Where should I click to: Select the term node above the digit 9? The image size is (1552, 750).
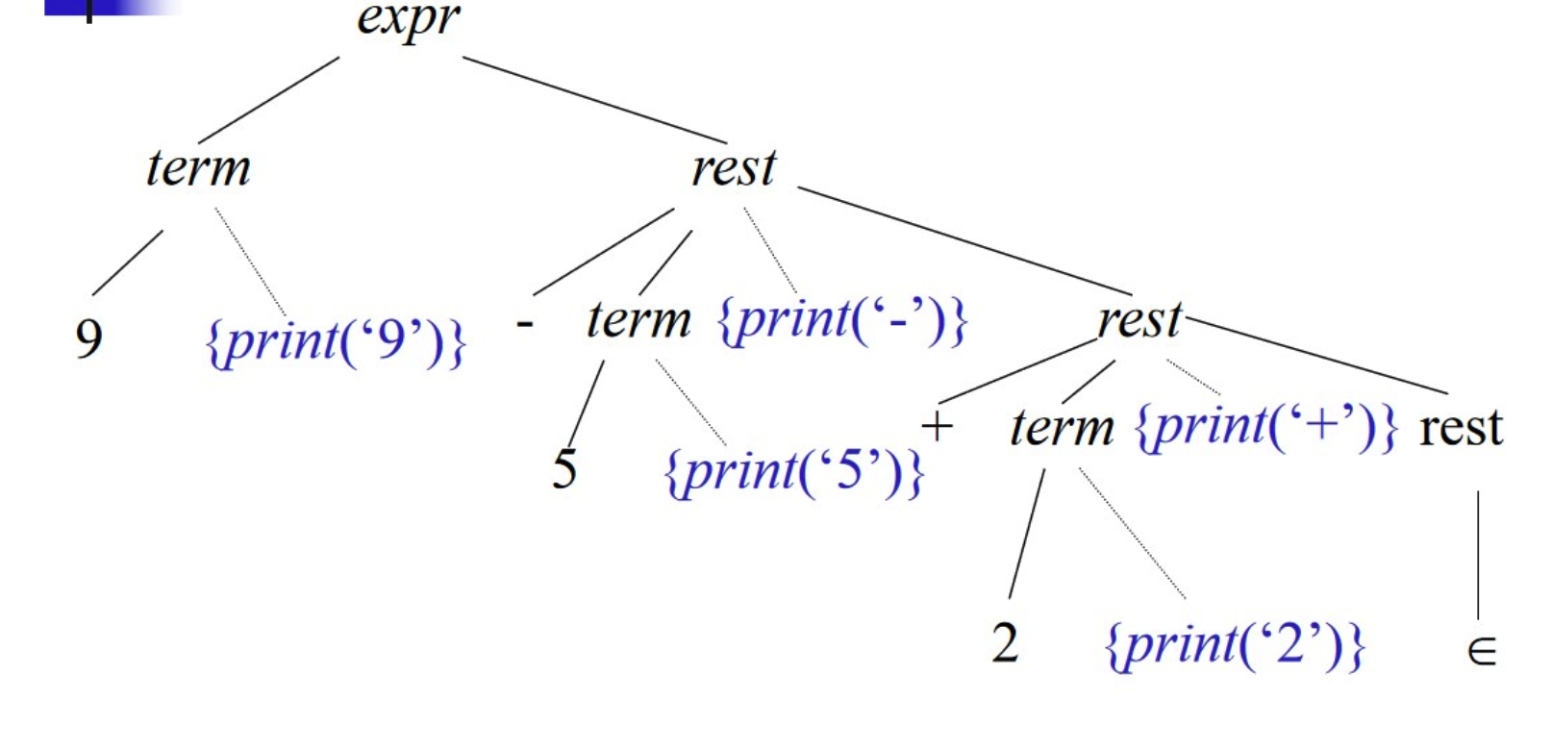click(198, 168)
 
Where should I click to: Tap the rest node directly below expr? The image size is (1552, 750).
click(734, 168)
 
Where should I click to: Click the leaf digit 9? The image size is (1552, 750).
click(88, 338)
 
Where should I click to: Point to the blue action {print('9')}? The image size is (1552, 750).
click(336, 341)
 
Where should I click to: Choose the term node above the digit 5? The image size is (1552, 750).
click(638, 320)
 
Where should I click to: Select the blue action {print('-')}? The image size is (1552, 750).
click(843, 320)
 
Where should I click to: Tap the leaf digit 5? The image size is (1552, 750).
click(564, 469)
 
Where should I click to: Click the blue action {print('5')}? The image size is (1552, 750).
click(794, 471)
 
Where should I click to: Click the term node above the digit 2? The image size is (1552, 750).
click(1062, 427)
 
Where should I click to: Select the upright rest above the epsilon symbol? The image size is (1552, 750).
click(1461, 427)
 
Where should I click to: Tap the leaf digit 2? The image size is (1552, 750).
click(1005, 642)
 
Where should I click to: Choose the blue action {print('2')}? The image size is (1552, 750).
click(1236, 644)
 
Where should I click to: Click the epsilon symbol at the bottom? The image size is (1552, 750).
click(1482, 653)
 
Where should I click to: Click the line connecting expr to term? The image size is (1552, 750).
click(269, 100)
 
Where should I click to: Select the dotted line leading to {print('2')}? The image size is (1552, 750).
click(1132, 533)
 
